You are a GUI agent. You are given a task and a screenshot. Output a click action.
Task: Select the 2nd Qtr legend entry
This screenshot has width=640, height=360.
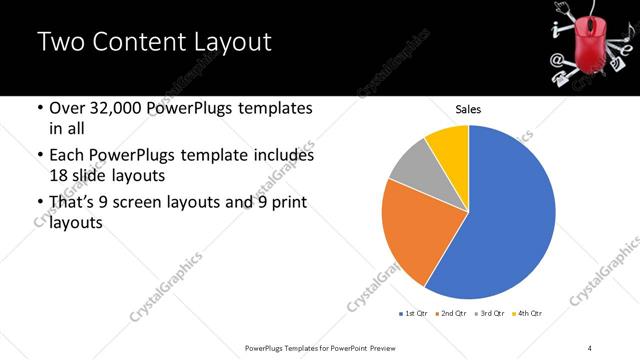click(453, 315)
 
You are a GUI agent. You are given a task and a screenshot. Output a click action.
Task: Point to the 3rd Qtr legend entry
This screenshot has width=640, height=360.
click(491, 315)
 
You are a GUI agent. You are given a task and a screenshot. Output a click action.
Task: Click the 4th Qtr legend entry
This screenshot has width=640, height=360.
click(528, 315)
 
